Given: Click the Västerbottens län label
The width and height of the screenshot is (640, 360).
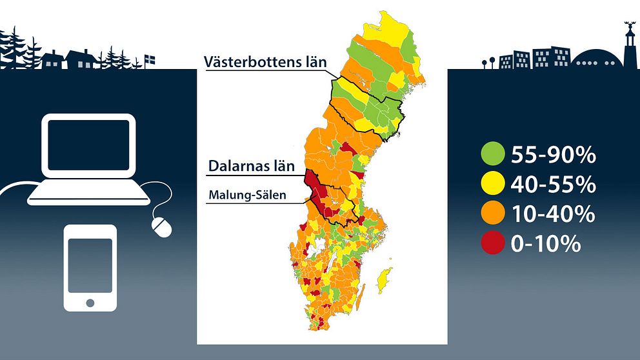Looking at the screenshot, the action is [265, 62].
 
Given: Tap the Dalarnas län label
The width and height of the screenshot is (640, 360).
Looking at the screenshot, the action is [252, 166].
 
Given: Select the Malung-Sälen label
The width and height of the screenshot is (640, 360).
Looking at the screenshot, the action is [247, 195].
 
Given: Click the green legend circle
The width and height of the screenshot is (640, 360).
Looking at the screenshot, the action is [493, 154].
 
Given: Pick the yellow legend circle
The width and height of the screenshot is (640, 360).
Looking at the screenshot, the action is [493, 183].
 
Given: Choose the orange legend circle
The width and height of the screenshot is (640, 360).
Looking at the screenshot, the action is [493, 213].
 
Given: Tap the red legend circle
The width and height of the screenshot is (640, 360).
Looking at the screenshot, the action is [493, 243].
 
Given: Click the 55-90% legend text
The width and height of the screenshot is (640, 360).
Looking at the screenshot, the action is [554, 155].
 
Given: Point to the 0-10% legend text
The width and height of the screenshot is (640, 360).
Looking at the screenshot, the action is [546, 244].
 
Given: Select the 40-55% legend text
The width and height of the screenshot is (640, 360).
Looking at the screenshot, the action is [554, 184].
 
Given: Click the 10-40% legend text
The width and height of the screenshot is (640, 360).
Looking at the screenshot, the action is [553, 214].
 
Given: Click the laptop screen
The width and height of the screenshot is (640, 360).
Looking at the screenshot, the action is [88, 145].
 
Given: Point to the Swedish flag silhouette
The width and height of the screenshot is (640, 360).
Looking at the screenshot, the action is [150, 61].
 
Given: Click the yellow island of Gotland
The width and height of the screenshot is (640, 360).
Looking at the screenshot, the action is [384, 281].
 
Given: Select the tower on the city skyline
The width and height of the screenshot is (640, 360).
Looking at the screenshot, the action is [630, 45].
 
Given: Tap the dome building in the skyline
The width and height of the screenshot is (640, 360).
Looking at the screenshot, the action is [597, 59].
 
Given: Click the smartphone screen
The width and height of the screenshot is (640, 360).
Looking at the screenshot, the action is [90, 266].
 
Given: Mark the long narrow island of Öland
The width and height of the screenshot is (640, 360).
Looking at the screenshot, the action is [360, 298].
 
